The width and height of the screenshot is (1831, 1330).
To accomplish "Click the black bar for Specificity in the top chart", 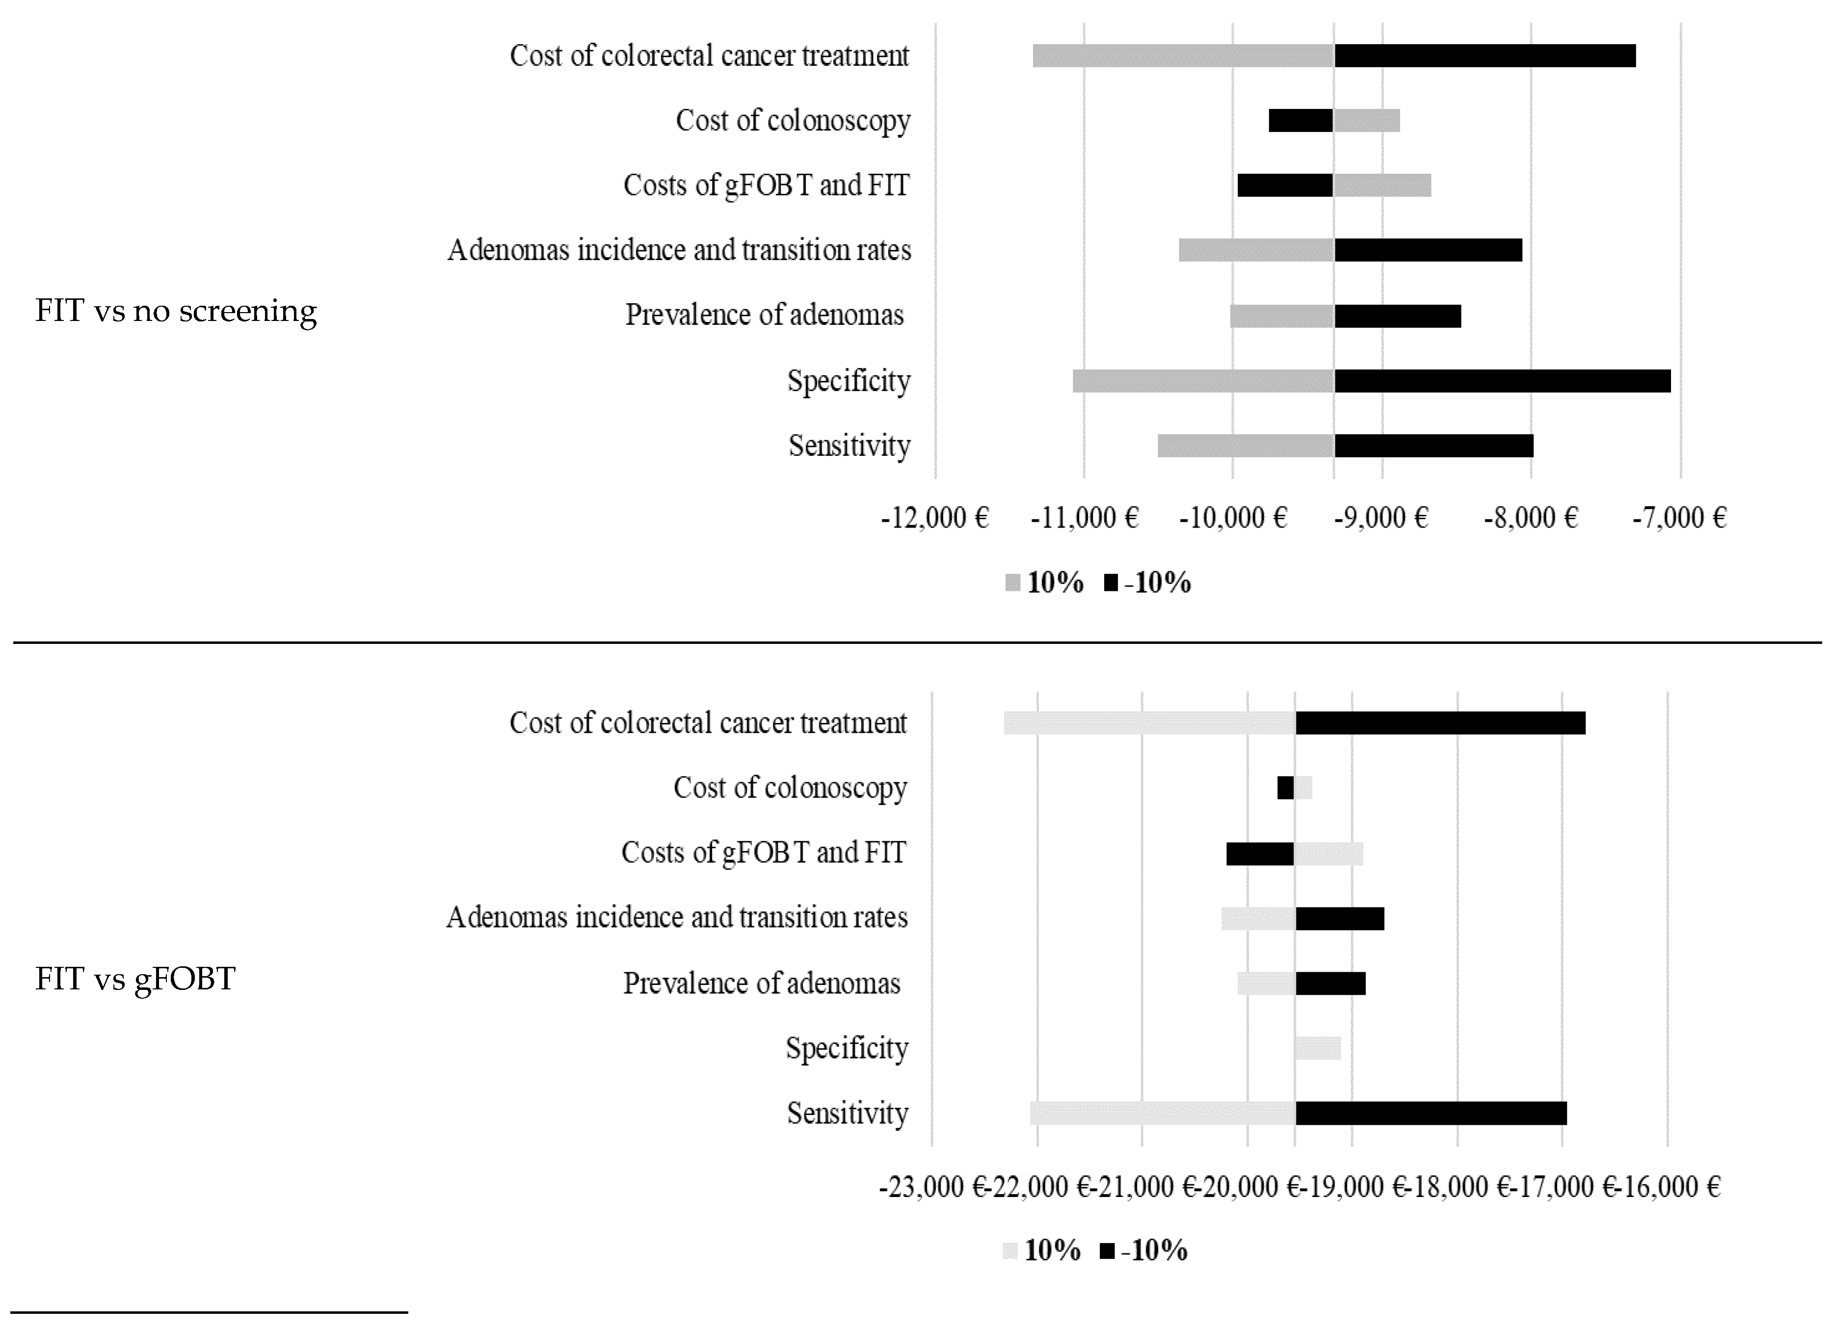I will point(1502,380).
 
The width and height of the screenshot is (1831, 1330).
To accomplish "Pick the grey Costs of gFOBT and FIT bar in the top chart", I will point(1382,185).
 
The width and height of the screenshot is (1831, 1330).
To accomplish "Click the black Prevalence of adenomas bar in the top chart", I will point(1398,316).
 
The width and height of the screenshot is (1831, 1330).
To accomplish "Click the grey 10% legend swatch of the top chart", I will point(1012,582).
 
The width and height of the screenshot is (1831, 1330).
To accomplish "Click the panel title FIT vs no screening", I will point(176,311).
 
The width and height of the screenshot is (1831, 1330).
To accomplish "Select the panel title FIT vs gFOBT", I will point(135,979).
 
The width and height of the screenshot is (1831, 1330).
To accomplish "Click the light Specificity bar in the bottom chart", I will point(1318,1048).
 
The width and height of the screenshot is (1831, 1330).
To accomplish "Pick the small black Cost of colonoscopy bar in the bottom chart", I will point(1285,787).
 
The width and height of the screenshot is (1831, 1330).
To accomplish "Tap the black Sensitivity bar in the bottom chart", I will point(1431,1113).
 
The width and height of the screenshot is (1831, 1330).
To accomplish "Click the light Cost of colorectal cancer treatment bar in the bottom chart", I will point(1150,723).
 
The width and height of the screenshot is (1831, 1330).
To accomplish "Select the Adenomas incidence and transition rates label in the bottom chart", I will point(677,917).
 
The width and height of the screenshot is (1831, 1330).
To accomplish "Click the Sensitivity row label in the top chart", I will point(849,446).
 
